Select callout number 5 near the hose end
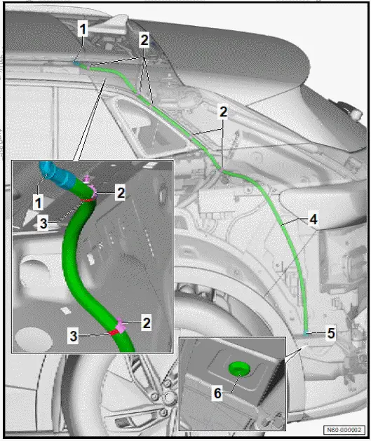point(331,334)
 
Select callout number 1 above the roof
point(83,30)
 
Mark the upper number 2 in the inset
point(121,191)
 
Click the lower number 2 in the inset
point(147,323)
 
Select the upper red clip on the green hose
point(88,197)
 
